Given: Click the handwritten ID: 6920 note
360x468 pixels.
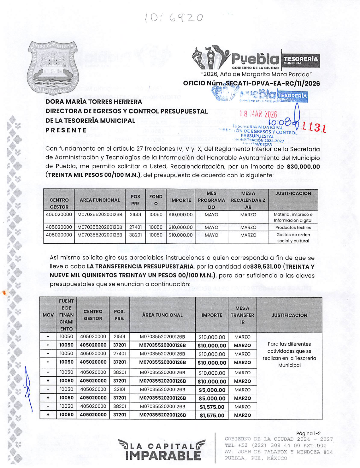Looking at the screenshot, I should click(174, 18).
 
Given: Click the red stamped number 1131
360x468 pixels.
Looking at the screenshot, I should click(314, 126).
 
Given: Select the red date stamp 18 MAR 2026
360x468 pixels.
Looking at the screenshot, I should click(258, 114).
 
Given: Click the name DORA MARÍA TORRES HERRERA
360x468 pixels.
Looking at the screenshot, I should click(94, 102).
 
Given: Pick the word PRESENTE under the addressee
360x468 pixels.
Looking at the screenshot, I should click(66, 130).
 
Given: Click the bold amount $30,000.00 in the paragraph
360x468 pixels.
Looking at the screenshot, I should click(303, 167).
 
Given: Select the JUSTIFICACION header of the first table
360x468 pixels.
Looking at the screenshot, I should click(293, 194).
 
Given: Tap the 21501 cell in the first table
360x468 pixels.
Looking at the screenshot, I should click(135, 215).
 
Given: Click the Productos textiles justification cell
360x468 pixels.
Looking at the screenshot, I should click(293, 227).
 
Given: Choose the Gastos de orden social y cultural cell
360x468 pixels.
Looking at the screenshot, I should click(293, 238).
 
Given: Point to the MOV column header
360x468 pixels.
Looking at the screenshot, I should click(48, 315).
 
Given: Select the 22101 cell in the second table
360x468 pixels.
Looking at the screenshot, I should click(119, 389).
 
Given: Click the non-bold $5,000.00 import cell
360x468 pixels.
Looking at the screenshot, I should click(212, 390).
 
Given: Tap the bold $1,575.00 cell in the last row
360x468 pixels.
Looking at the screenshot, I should click(212, 415).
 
